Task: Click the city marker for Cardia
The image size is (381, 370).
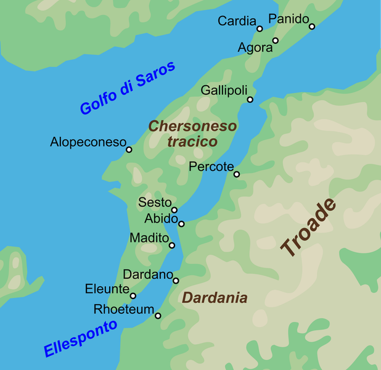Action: (260, 28)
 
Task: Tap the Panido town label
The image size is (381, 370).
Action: (289, 19)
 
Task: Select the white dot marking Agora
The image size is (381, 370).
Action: (276, 41)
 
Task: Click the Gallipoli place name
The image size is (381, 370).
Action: (224, 91)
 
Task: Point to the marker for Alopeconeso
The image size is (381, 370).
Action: (129, 149)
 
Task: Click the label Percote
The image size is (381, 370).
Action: (211, 166)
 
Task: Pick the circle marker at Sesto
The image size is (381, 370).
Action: (174, 210)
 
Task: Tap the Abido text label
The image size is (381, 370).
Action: (161, 218)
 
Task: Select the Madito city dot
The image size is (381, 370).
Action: (172, 245)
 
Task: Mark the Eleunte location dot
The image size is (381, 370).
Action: (133, 295)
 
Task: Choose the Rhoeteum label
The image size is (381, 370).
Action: (123, 309)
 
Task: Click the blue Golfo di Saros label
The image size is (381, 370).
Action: (128, 88)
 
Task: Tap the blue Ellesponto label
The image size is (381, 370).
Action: (80, 338)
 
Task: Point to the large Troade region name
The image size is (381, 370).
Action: (309, 228)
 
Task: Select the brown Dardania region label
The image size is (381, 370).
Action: (215, 298)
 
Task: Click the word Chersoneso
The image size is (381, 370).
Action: (192, 126)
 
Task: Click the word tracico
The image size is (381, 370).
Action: (192, 141)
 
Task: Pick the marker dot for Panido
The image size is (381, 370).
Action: (312, 27)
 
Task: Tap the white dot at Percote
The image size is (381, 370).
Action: (236, 174)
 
